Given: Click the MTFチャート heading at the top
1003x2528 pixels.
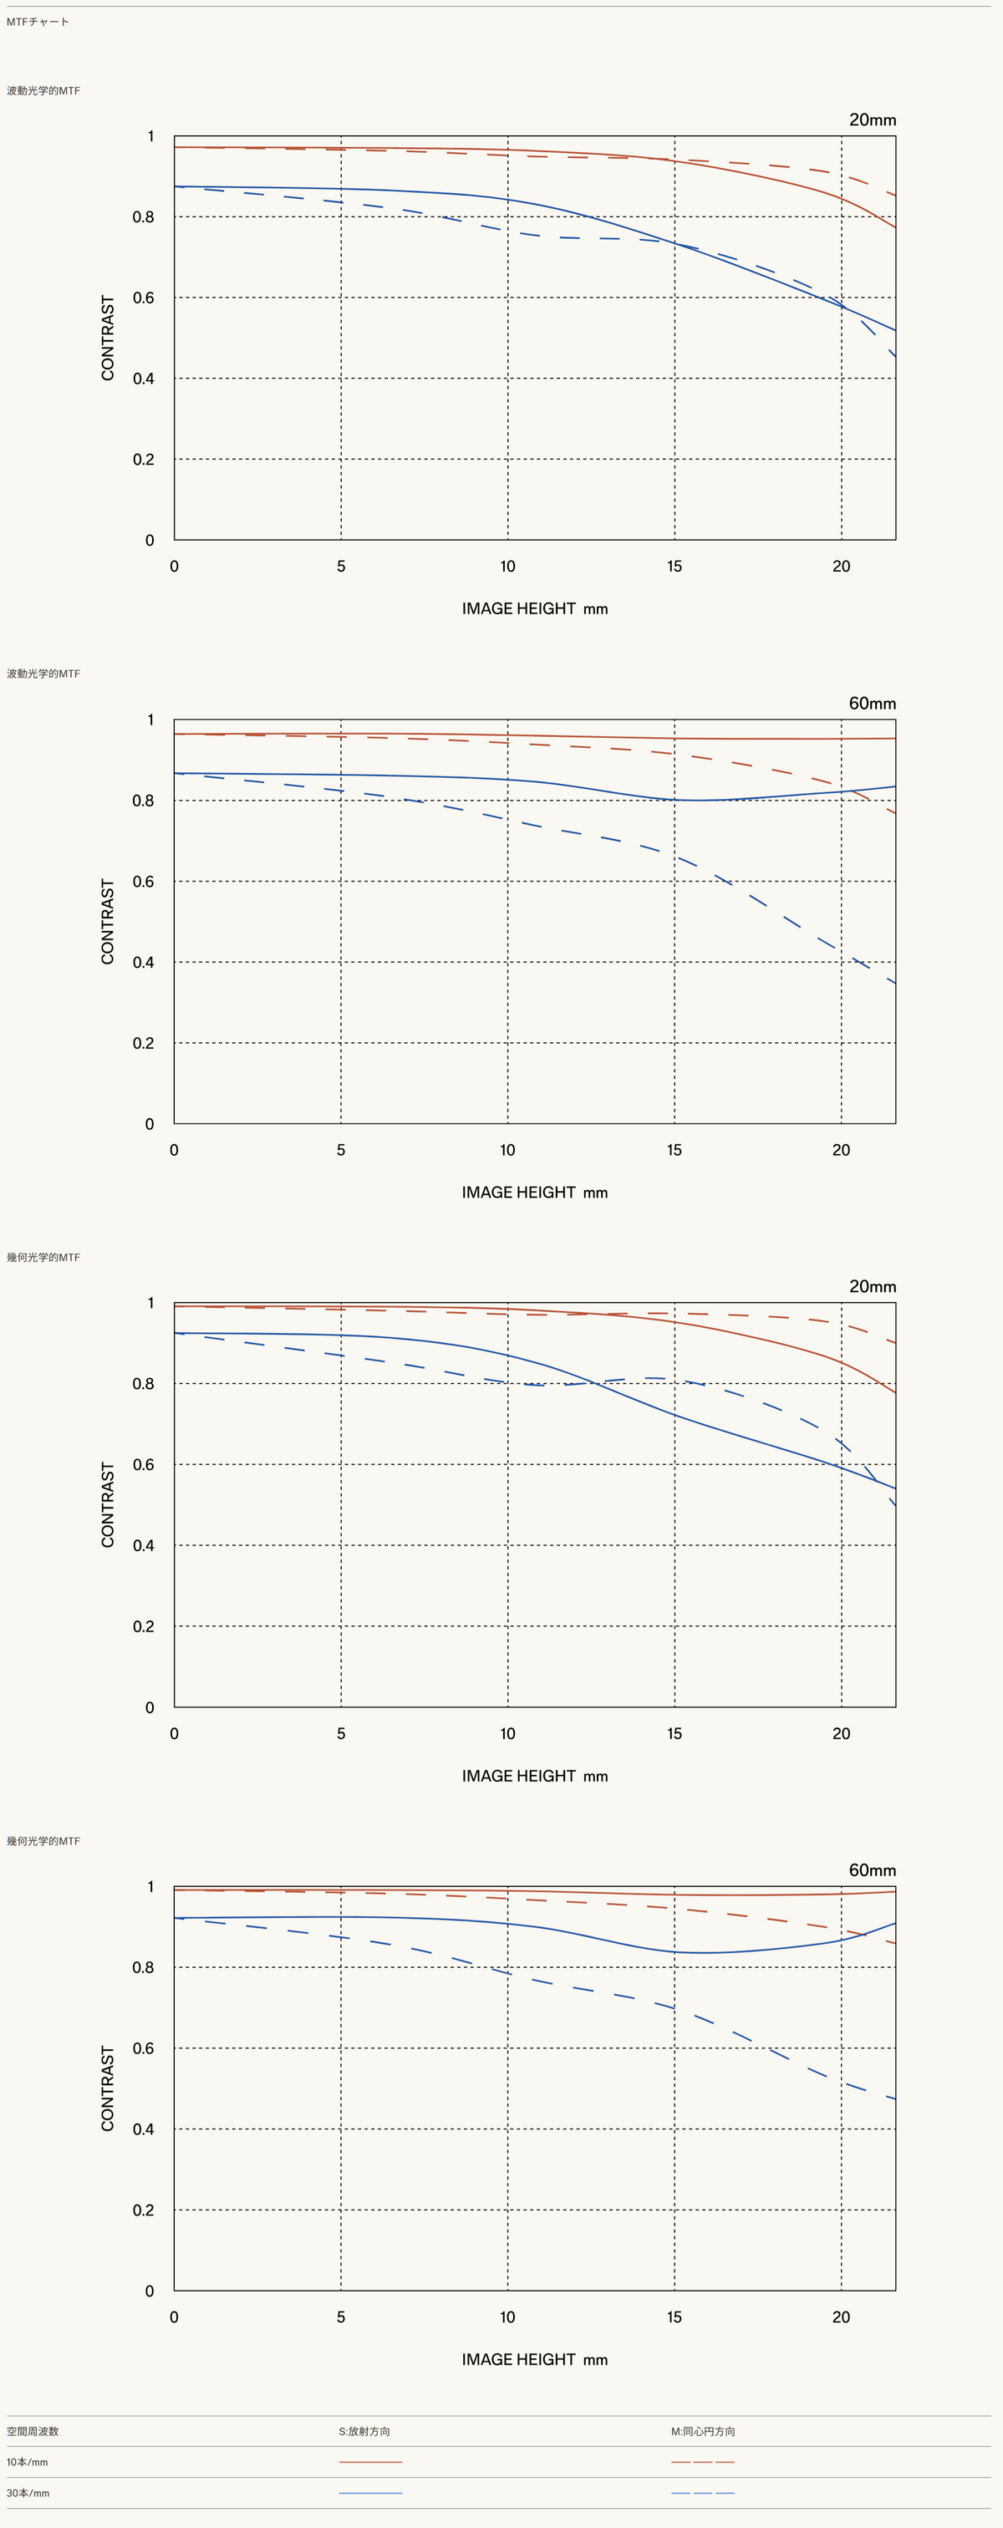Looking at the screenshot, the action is click(x=38, y=22).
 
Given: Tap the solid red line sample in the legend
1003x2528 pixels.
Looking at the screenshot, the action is click(x=370, y=2461).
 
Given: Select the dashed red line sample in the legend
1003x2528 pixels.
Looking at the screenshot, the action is click(x=703, y=2461).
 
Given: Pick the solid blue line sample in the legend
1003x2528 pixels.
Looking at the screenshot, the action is click(x=370, y=2492).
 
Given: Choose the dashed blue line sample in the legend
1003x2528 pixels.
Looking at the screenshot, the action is click(x=703, y=2492).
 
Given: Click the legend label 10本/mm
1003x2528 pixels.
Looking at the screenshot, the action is click(x=28, y=2461).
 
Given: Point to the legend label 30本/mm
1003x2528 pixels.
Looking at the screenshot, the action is click(x=28, y=2492).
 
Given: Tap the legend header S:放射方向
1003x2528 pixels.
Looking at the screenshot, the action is click(x=364, y=2431).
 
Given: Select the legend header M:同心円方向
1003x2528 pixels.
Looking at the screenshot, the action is click(x=703, y=2431).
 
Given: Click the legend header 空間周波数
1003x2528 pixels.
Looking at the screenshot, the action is click(x=33, y=2431).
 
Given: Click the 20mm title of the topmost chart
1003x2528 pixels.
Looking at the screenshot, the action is click(x=873, y=120).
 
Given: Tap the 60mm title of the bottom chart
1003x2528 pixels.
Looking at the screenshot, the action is click(x=873, y=1869).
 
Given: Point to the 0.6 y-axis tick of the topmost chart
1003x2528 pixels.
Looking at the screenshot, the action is click(x=143, y=298).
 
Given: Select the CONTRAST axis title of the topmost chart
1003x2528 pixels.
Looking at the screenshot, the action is click(x=108, y=338).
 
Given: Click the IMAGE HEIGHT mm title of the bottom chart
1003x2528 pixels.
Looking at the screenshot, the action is click(x=535, y=2359).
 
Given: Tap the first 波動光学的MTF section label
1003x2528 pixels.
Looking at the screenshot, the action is click(x=43, y=90).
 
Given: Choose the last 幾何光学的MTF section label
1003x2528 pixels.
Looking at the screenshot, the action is click(x=43, y=1840).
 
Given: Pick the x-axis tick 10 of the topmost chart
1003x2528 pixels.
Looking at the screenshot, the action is click(x=507, y=567).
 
